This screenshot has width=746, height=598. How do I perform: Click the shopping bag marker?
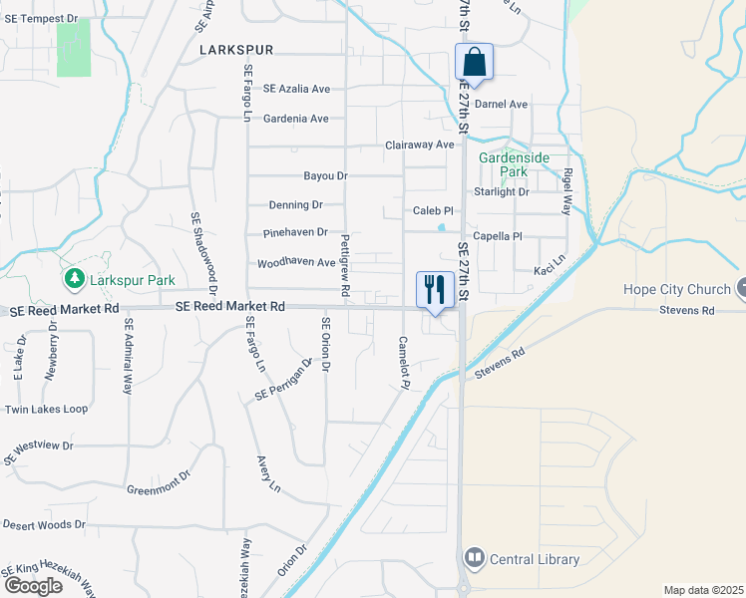tap(475, 63)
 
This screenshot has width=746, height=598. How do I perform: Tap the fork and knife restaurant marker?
tap(435, 290)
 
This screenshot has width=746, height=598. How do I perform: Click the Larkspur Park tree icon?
tap(73, 276)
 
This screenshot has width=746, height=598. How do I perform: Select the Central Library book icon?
tap(474, 558)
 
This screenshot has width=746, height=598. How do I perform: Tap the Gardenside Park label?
tap(502, 164)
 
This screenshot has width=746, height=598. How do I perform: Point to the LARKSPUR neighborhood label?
tap(235, 49)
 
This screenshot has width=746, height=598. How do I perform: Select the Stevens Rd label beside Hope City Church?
tap(688, 311)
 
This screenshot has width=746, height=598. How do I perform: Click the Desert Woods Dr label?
tap(45, 524)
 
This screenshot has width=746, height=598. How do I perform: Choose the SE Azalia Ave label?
tap(296, 89)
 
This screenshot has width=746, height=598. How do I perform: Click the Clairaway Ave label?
tap(419, 145)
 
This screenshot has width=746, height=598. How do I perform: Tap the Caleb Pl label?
tap(433, 211)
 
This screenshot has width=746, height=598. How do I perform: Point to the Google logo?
tap(33, 585)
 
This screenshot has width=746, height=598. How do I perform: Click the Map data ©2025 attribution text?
tap(703, 590)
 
